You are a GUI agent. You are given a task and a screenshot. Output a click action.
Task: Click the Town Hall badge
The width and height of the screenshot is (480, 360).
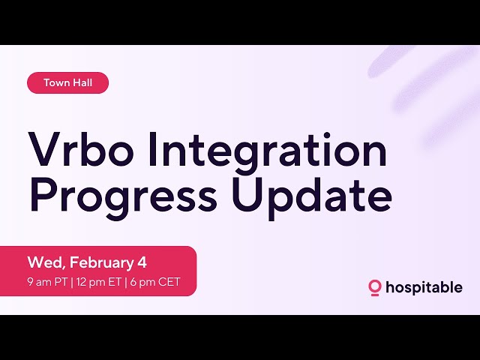pos(67,83)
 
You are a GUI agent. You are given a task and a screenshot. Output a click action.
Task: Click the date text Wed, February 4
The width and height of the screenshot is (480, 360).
pos(87,262)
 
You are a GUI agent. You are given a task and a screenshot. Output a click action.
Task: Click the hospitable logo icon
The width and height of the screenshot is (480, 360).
pos(375,287)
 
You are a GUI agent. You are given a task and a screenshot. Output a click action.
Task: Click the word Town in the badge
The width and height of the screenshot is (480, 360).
pos(55,83)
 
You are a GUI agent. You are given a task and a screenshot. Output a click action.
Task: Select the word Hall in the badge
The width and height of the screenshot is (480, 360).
pos(81,83)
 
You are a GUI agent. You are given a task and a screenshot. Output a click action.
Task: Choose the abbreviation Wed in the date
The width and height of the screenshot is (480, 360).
pos(43,262)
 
